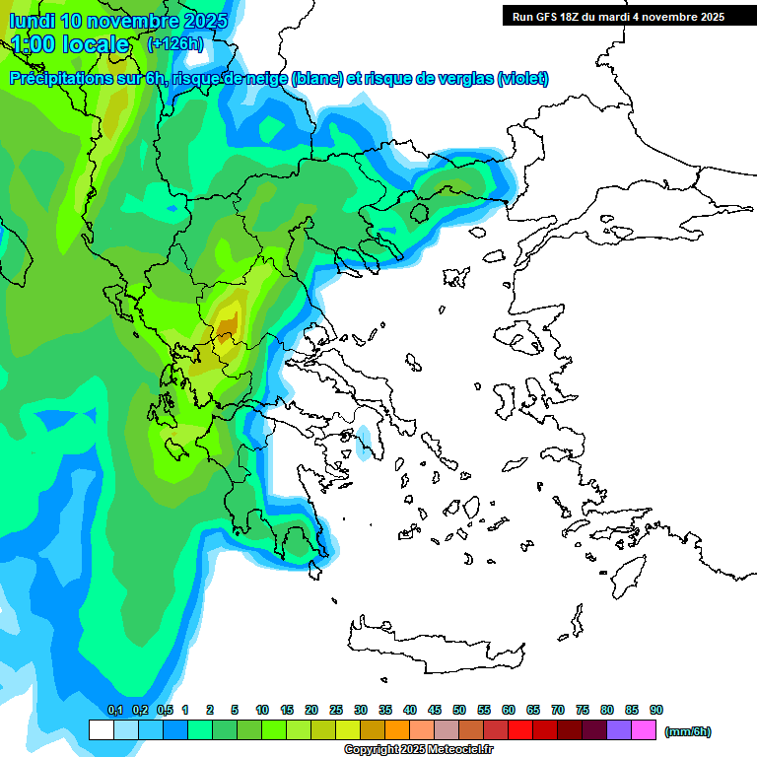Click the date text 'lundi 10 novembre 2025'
coord(118,21)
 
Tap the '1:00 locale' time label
coord(70,44)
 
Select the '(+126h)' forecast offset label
coord(174,44)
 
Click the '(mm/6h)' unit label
coord(687,731)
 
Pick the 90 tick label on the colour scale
coord(656,711)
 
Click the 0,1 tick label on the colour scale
coord(114,711)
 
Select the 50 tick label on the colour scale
coord(459,711)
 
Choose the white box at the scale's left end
coord(101,730)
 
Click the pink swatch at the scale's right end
coord(644,730)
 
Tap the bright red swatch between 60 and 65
coord(520,730)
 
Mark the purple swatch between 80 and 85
coord(619,730)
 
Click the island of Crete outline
coord(434,647)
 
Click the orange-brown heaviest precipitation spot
coord(228,322)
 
